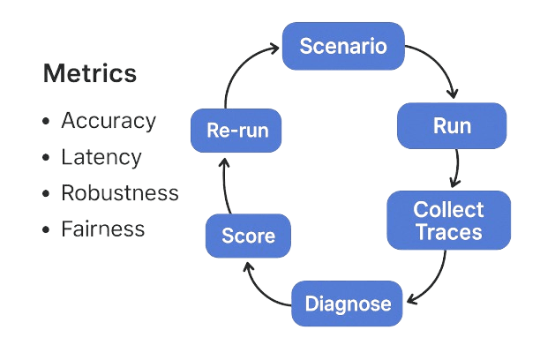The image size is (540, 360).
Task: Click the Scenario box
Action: tap(343, 47)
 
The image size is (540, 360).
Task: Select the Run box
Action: tap(452, 125)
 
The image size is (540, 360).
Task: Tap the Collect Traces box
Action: tap(448, 221)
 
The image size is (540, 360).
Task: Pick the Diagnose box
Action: tap(348, 304)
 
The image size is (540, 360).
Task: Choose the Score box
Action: tap(248, 236)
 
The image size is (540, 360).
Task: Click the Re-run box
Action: tap(236, 131)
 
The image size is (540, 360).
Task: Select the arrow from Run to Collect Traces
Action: tap(456, 169)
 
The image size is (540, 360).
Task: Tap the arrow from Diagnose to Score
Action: tap(261, 287)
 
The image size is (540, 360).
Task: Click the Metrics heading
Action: tap(89, 73)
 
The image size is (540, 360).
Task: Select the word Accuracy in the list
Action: tap(108, 120)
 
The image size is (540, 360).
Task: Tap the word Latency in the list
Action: tap(101, 157)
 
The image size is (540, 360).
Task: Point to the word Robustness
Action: tap(119, 193)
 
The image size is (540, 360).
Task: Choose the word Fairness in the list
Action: tap(102, 229)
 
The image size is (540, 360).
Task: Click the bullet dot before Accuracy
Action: tap(46, 121)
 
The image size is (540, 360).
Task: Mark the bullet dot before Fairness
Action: tap(46, 230)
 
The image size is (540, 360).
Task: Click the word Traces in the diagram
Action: tap(449, 232)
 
